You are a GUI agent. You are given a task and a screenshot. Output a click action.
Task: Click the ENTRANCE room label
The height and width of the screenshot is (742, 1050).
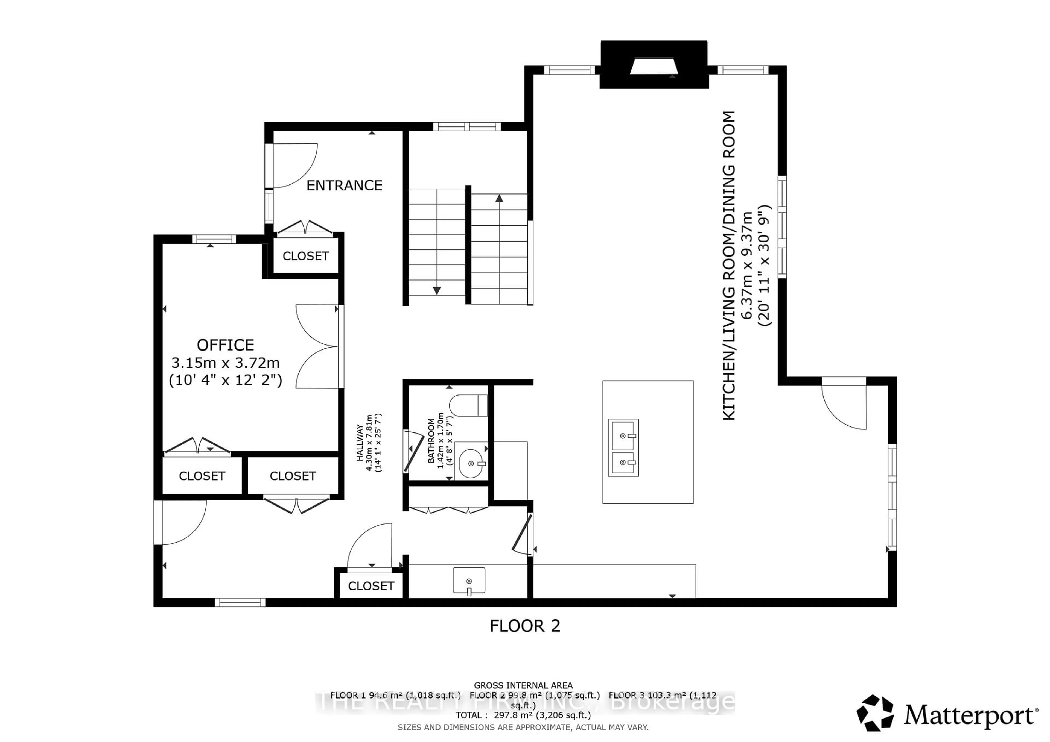(344, 185)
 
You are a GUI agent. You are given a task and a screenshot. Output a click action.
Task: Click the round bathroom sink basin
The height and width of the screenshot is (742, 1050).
(471, 463)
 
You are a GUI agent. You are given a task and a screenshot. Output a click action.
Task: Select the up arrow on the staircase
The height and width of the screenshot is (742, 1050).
(499, 198)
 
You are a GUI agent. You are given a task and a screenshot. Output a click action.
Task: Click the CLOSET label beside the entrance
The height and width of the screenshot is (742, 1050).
(305, 256)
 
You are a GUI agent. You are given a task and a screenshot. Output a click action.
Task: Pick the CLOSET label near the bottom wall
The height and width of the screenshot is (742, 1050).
(371, 586)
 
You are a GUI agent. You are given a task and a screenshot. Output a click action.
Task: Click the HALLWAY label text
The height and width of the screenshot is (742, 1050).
(360, 442)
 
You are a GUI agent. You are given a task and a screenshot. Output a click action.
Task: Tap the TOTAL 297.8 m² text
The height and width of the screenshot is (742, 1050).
(523, 715)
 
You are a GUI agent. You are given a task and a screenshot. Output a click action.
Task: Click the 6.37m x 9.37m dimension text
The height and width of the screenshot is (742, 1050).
(746, 265)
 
